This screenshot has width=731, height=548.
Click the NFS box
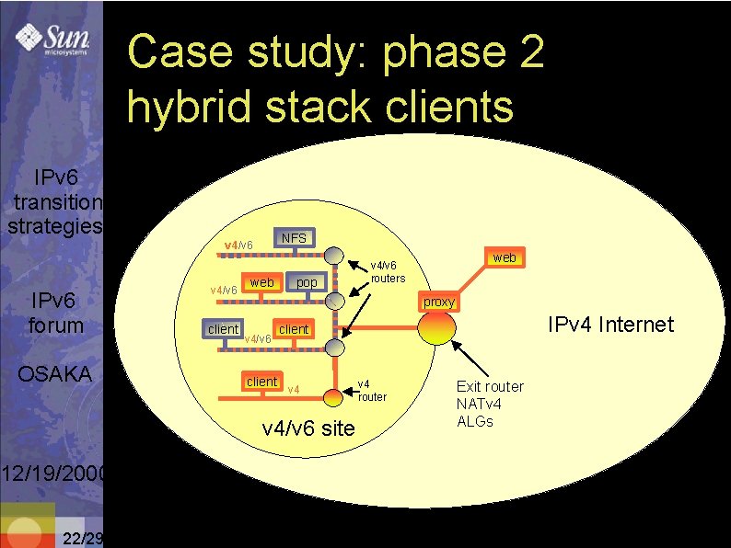[x=294, y=238]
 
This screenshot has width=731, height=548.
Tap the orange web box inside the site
[x=262, y=282]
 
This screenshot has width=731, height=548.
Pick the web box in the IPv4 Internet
[x=504, y=258]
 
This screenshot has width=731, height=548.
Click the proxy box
[x=439, y=302]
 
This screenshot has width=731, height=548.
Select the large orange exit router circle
[x=436, y=328]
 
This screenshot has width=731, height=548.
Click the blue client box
[x=223, y=329]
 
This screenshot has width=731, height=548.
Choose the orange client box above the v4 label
[x=261, y=382]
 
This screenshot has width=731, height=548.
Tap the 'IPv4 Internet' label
[x=610, y=325]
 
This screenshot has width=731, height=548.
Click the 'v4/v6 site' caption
[x=308, y=428]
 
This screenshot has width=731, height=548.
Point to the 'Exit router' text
[x=490, y=386]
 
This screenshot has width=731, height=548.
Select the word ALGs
[x=475, y=421]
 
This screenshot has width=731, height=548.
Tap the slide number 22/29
[x=82, y=539]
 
